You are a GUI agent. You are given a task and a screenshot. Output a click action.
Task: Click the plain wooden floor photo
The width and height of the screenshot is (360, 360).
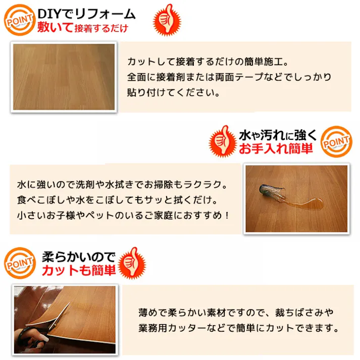[x=64, y=77]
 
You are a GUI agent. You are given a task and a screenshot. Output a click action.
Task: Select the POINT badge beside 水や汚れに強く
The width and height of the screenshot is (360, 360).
[x=337, y=143]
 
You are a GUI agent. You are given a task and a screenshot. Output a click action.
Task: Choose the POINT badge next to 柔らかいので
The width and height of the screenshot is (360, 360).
[x=19, y=264]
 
